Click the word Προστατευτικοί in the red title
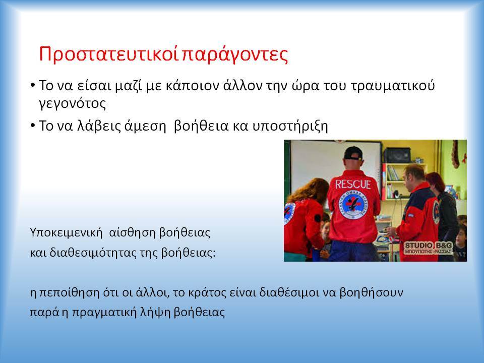[109, 54]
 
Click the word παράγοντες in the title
[235, 55]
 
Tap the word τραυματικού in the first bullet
[393, 86]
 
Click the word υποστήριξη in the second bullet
[290, 126]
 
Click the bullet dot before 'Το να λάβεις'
[33, 126]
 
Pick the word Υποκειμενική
[66, 233]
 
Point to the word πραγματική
[104, 312]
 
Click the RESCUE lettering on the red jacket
[353, 185]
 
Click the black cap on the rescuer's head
[353, 153]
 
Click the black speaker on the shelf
[397, 155]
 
